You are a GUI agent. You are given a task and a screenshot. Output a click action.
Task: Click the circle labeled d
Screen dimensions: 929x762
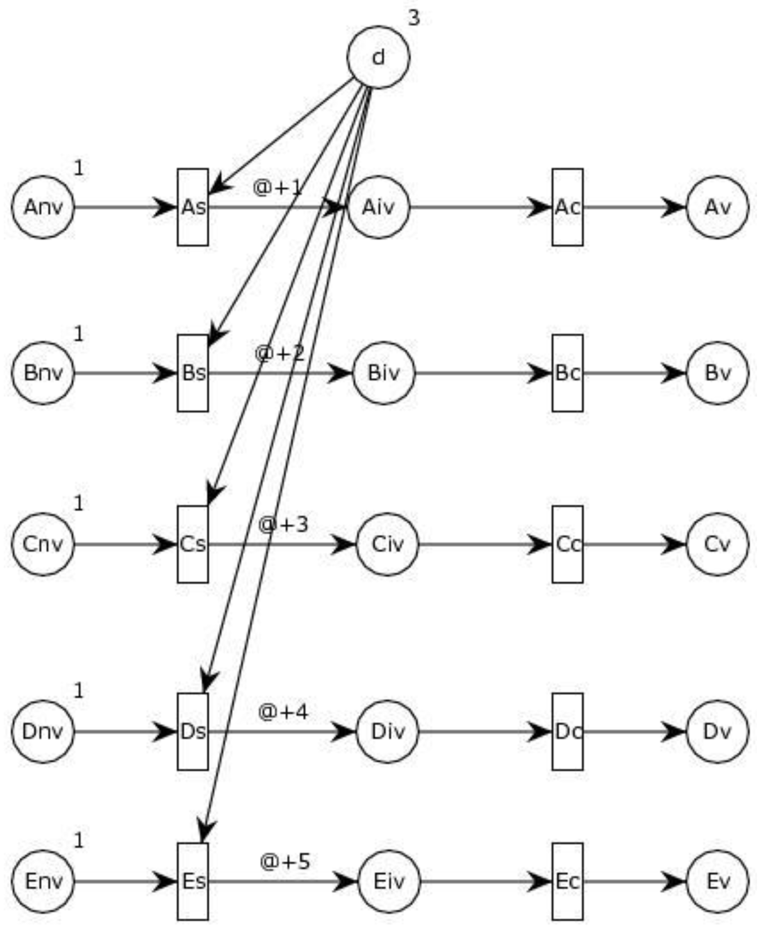pyautogui.click(x=378, y=58)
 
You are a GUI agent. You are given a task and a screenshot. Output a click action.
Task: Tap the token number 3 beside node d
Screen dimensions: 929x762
pyautogui.click(x=414, y=18)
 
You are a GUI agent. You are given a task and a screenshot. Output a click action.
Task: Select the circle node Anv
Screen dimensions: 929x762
pyautogui.click(x=43, y=207)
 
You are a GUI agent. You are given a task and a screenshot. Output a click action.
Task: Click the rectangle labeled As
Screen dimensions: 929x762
pyautogui.click(x=193, y=207)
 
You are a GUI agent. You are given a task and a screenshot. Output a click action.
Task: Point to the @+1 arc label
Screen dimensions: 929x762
pyautogui.click(x=277, y=188)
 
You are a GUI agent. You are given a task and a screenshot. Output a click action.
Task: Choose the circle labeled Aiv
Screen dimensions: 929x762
pyautogui.click(x=379, y=207)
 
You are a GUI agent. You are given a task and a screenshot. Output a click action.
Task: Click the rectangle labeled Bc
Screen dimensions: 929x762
pyautogui.click(x=567, y=373)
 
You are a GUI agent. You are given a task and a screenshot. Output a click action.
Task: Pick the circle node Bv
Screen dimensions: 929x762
pyautogui.click(x=717, y=373)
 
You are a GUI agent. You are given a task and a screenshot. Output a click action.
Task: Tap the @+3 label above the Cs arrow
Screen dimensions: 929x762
pyautogui.click(x=283, y=524)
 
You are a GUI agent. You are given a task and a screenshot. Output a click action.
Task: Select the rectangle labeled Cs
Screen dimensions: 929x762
pyautogui.click(x=193, y=544)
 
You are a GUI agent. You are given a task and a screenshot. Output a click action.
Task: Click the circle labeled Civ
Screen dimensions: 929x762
pyautogui.click(x=387, y=544)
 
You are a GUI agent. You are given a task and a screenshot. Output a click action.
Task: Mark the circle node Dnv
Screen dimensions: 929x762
pyautogui.click(x=43, y=731)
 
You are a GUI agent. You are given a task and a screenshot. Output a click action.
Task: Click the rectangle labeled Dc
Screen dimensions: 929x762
pyautogui.click(x=567, y=731)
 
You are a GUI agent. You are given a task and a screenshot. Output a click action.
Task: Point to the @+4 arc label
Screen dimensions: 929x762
pyautogui.click(x=283, y=712)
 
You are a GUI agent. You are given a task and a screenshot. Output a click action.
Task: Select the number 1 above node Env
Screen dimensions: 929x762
pyautogui.click(x=78, y=840)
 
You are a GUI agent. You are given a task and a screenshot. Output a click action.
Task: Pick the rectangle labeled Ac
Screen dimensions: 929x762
pyautogui.click(x=567, y=207)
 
